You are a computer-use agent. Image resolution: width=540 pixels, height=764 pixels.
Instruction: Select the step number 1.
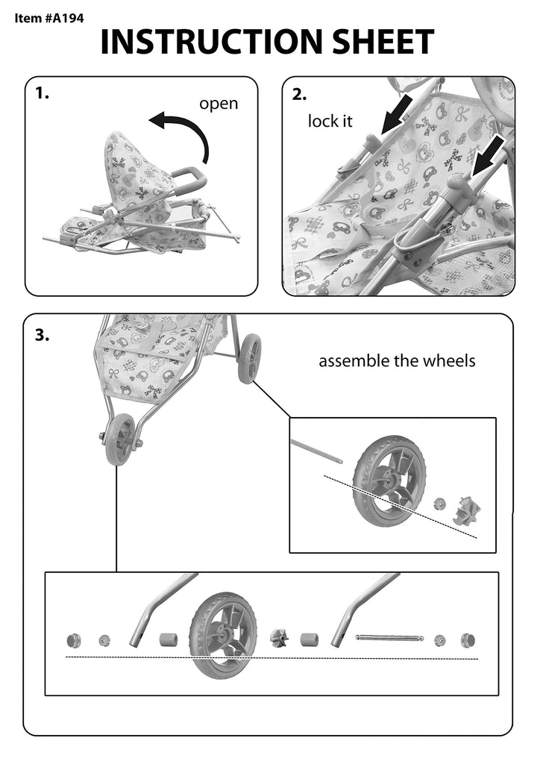tap(42, 93)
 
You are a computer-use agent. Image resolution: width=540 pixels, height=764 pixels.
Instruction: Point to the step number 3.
tap(42, 335)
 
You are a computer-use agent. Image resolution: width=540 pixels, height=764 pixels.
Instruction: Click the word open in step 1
tap(219, 104)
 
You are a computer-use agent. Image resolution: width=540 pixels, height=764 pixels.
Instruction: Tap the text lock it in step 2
tap(330, 121)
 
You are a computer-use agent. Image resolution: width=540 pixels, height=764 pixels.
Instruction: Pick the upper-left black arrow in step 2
tap(396, 116)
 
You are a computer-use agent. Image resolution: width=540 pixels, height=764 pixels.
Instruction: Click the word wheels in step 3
tap(448, 361)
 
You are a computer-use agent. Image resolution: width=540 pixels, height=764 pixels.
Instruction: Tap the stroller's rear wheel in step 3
tap(249, 358)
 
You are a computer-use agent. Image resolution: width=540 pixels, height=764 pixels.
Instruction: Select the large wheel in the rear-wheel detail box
tap(389, 481)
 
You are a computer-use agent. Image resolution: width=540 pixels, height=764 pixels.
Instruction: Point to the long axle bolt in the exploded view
tap(389, 638)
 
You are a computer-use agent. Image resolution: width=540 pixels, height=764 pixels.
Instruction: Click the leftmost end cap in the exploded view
tap(74, 640)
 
